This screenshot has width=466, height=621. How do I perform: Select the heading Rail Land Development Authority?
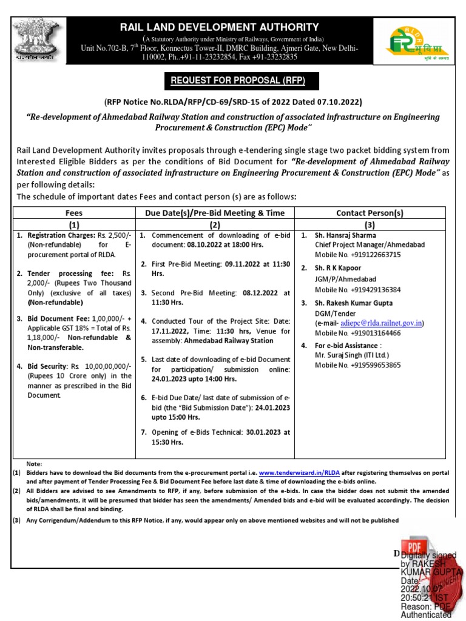(219, 27)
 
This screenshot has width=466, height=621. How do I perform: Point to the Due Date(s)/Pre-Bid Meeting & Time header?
(215, 213)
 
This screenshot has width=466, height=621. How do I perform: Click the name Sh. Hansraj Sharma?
(345, 235)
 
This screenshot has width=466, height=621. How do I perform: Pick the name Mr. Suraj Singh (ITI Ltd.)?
(351, 355)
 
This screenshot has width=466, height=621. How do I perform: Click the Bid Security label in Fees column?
(44, 366)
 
